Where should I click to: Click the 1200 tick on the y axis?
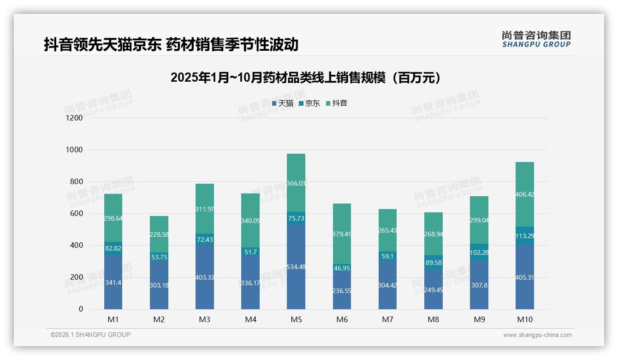click(x=75, y=118)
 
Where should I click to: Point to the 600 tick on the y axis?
click(x=77, y=214)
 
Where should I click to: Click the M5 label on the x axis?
click(x=296, y=319)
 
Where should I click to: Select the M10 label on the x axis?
click(x=525, y=319)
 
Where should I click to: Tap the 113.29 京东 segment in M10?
click(x=525, y=236)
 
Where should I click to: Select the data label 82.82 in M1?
click(x=113, y=248)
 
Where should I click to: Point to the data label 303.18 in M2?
click(x=159, y=285)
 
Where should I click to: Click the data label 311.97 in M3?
click(x=204, y=209)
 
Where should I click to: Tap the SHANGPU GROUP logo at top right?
click(x=536, y=39)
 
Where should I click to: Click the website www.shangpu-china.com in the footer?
click(x=537, y=335)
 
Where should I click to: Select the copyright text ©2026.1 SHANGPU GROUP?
click(x=90, y=335)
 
